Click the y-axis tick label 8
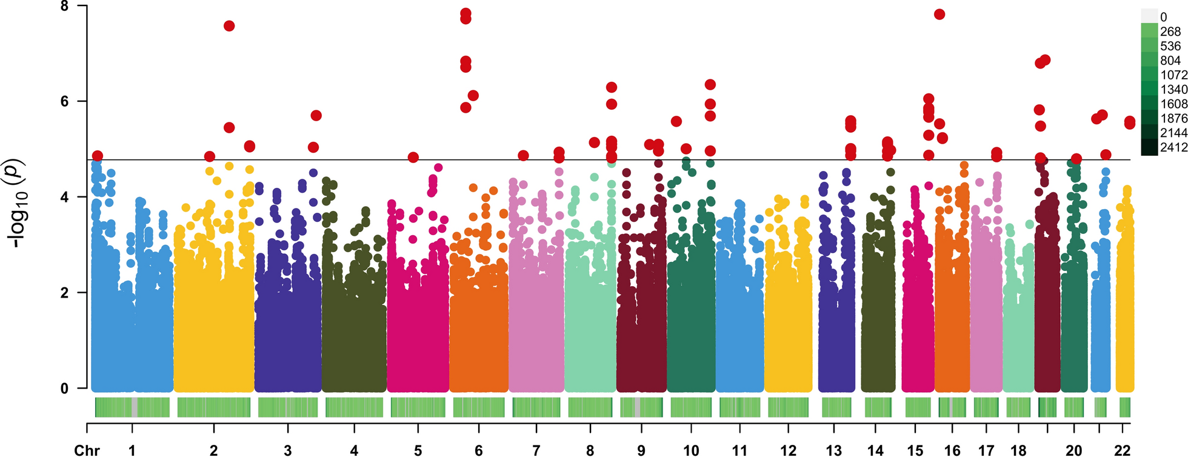[64, 6]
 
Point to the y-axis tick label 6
[64, 101]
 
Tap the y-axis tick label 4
[64, 197]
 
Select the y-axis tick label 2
[64, 293]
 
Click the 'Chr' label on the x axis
[87, 450]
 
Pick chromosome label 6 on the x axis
[479, 450]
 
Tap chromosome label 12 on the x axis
[788, 450]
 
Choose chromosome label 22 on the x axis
[1122, 450]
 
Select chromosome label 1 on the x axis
[132, 450]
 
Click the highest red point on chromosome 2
[229, 26]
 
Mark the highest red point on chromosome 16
[939, 15]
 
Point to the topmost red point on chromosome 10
[710, 84]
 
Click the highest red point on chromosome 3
[316, 115]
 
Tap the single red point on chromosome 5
[413, 158]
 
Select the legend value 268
[1170, 32]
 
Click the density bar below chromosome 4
[354, 407]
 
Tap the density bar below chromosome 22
[1124, 407]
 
